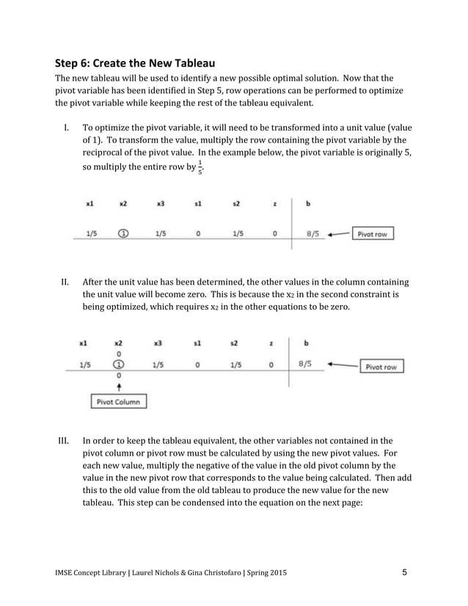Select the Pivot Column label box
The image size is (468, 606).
point(118,401)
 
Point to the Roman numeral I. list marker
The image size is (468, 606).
point(66,127)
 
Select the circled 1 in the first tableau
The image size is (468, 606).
point(123,234)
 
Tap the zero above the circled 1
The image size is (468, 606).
point(118,353)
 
